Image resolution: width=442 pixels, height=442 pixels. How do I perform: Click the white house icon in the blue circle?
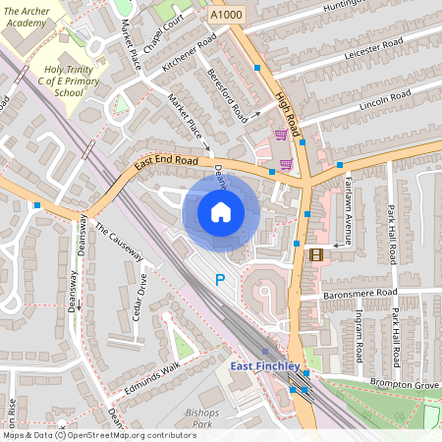coord(221,211)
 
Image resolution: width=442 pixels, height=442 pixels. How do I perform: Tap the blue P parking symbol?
coord(220,281)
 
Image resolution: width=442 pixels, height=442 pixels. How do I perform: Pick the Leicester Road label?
coord(375,51)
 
